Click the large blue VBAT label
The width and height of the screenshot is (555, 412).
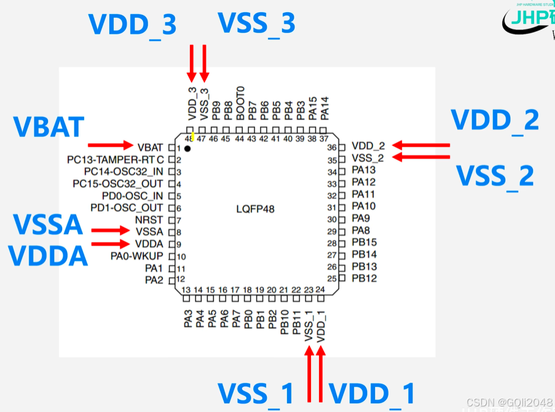48,127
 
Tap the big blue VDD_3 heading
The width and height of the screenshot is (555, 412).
132,25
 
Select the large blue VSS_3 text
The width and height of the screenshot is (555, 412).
256,24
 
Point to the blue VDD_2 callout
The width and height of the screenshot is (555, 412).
495,120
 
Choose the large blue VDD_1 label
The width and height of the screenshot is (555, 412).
372,394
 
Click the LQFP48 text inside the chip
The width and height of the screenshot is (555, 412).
255,209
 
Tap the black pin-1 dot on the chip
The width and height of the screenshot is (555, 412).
187,149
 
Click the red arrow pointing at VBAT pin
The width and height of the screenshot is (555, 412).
111,146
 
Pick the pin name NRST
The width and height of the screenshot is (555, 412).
149,220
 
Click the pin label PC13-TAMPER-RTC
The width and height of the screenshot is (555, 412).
116,160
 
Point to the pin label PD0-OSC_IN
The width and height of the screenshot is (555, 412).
133,196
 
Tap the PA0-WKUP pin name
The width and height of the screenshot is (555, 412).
136,256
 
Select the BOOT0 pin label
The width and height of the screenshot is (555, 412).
240,102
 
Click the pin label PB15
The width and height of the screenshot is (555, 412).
364,243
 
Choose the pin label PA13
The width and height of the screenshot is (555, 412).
364,170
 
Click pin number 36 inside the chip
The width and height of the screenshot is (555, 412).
332,148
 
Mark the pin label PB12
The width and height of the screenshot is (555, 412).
364,279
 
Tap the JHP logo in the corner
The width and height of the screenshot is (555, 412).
529,18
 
